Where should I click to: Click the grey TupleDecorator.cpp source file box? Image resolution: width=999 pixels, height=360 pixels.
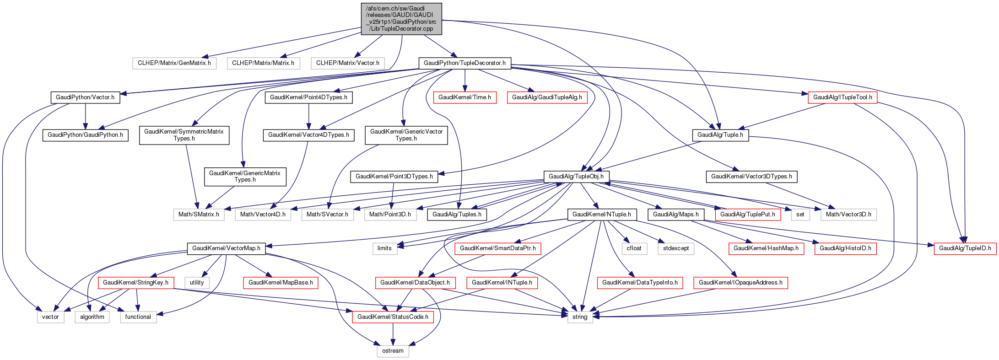point(401,18)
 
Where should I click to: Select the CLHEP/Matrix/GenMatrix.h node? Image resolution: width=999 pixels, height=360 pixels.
point(174,63)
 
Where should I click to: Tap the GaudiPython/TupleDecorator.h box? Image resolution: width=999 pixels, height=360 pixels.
point(464,63)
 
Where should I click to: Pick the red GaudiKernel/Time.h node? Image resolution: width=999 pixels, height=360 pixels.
point(464,97)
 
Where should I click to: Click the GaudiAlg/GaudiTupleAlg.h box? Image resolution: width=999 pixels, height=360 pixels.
point(547,97)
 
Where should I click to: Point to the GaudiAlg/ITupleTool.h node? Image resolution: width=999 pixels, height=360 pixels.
point(842,97)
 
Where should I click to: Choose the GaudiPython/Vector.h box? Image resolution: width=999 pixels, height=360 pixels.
point(85,97)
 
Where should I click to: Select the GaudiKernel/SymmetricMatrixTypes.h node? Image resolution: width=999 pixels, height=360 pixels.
point(184,135)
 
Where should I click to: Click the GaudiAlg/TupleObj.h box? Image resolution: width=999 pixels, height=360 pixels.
point(576,176)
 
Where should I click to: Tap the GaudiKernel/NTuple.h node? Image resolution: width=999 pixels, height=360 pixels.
point(601,214)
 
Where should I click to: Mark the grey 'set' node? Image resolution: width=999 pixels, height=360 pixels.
point(800,214)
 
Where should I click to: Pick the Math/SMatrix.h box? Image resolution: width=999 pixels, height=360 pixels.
point(199,214)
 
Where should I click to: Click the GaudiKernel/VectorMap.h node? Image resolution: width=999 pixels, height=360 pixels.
point(226,248)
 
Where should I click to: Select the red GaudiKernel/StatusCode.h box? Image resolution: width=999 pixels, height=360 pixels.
point(393,317)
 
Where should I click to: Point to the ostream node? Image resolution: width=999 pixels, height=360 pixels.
point(393,351)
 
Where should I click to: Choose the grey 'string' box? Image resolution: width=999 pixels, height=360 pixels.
point(580,317)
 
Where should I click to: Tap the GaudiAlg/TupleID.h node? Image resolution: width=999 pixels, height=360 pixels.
point(965,248)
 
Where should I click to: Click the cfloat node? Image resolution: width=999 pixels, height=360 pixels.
point(634,248)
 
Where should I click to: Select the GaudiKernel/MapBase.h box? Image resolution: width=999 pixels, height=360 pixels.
point(281,282)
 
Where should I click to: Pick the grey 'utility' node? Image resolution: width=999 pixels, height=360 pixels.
point(197,282)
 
